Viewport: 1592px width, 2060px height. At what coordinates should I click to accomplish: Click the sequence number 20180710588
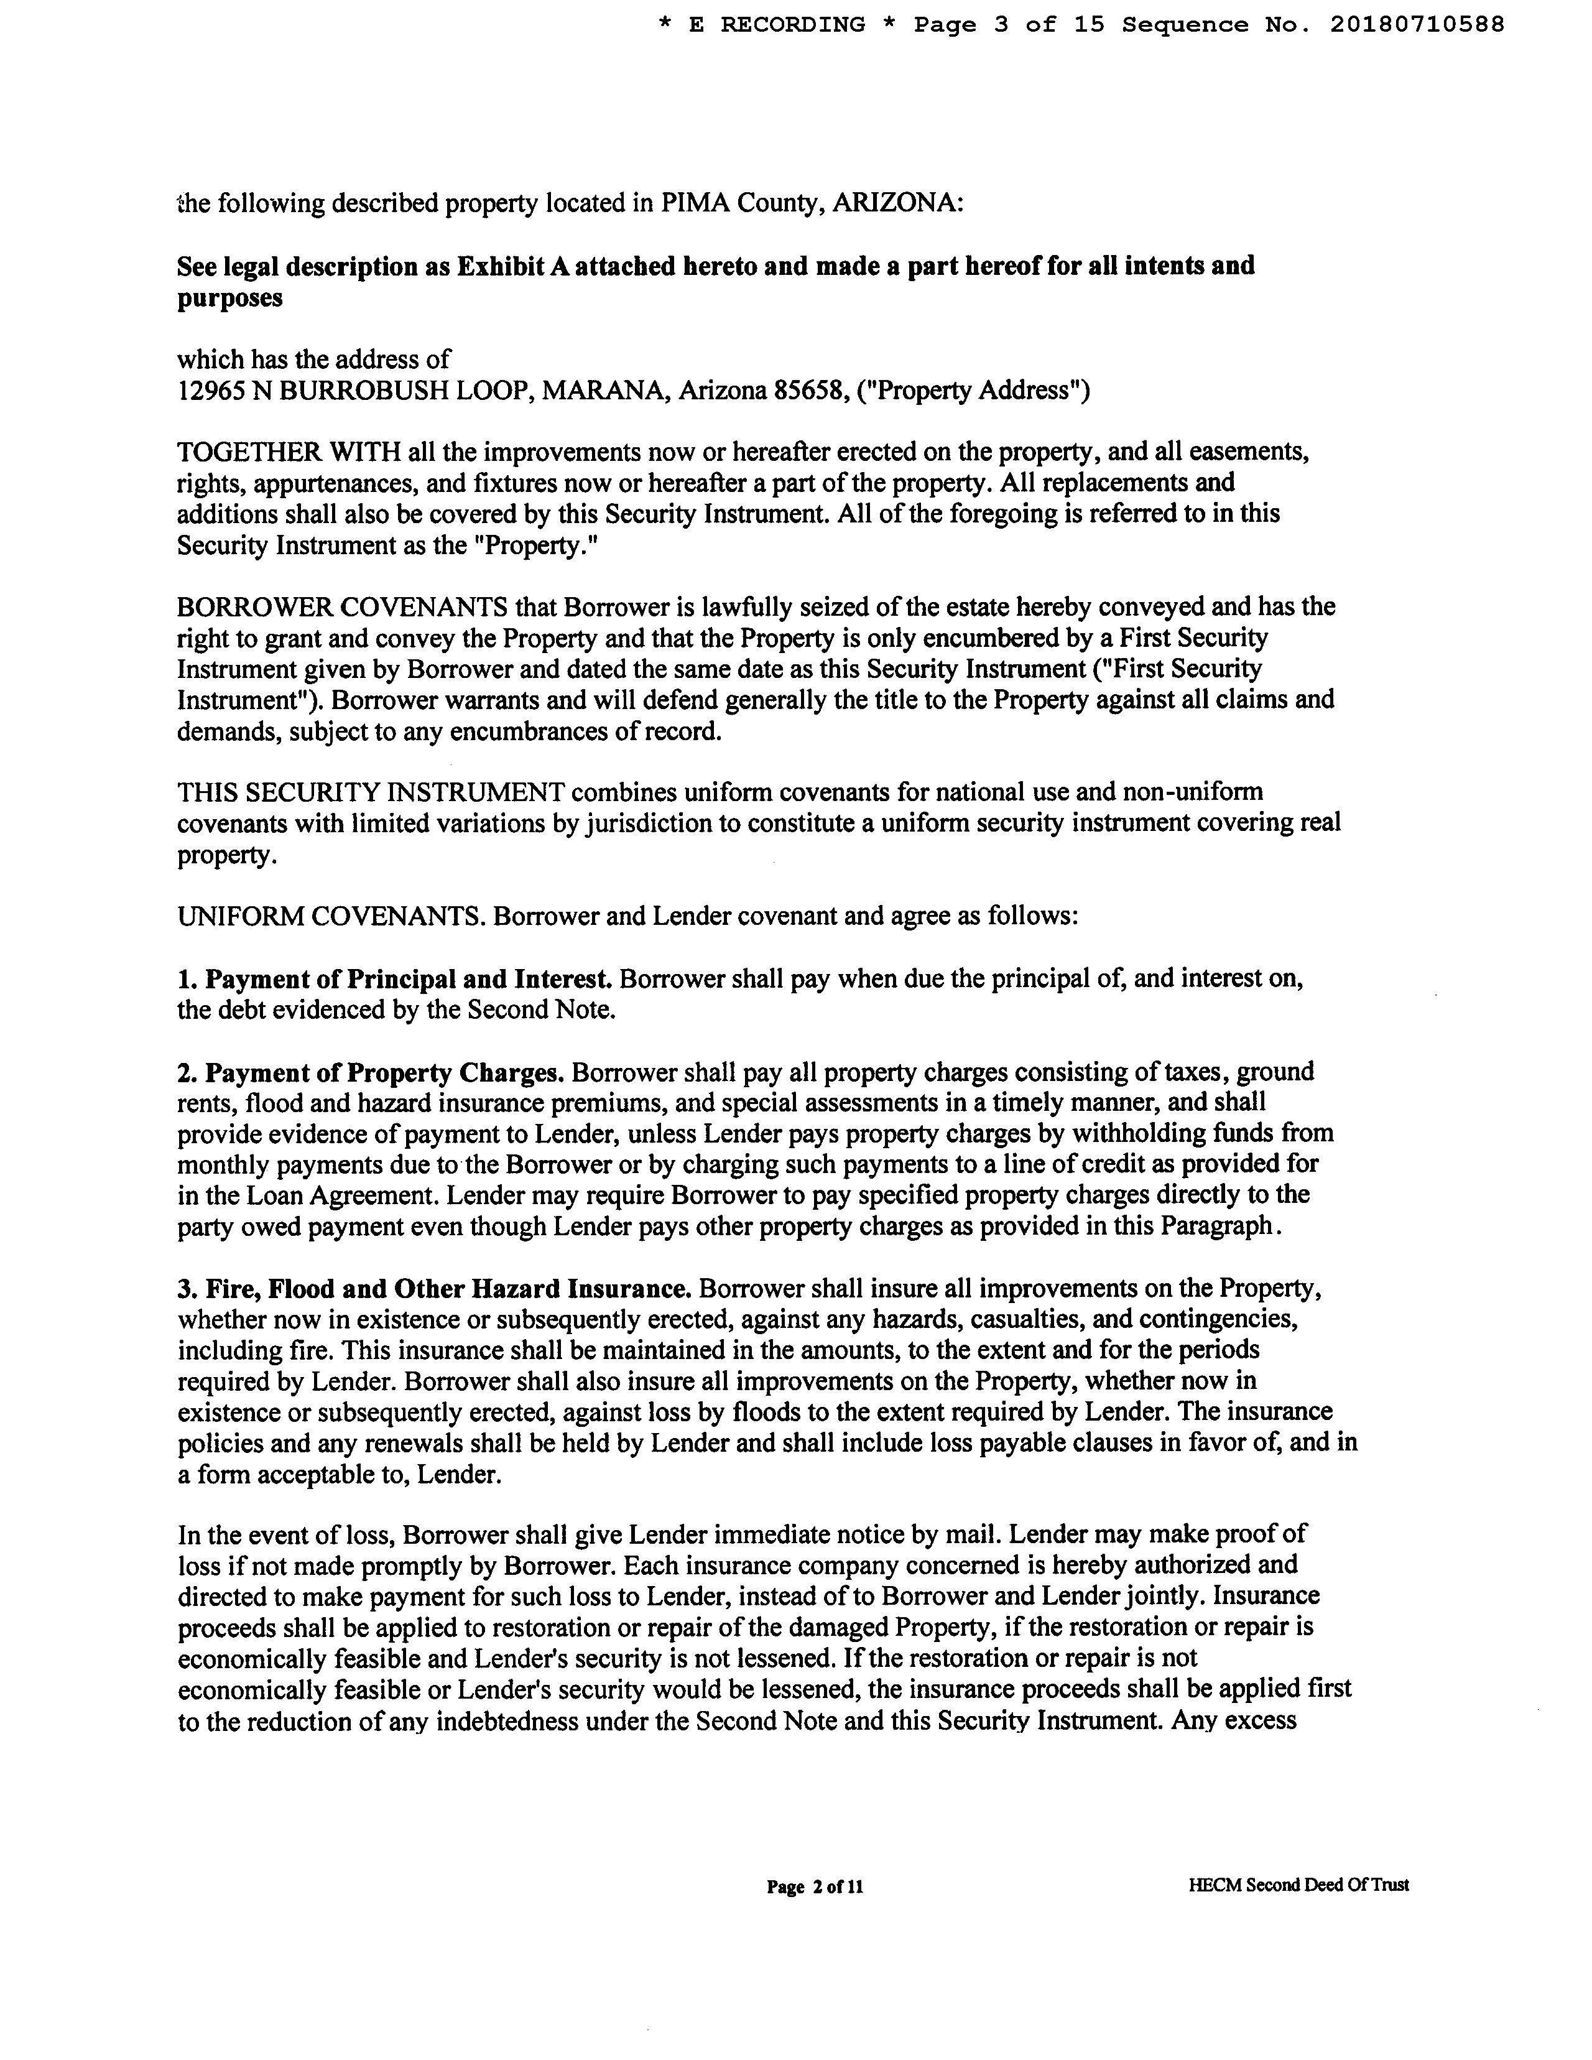pos(1417,24)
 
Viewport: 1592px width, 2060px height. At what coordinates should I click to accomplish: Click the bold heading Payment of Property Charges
pos(385,1072)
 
